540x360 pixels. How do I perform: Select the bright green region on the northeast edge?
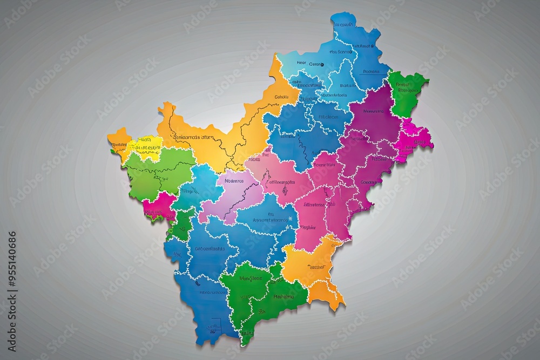tap(405, 92)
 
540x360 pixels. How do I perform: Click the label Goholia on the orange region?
tap(282, 97)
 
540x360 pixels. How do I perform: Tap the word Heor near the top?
tap(301, 63)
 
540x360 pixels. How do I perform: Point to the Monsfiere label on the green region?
tap(251, 279)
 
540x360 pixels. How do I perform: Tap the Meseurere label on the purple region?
tap(373, 111)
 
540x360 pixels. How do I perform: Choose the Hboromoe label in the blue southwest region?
tap(212, 292)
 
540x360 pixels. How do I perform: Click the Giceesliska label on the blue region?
tap(210, 249)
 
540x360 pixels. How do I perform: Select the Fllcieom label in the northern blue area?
tap(328, 117)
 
